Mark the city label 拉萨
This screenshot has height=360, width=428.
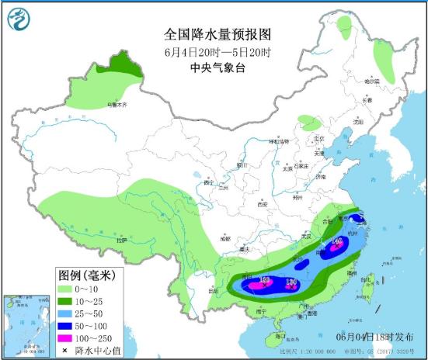120,241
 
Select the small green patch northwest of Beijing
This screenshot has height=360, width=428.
309,123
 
